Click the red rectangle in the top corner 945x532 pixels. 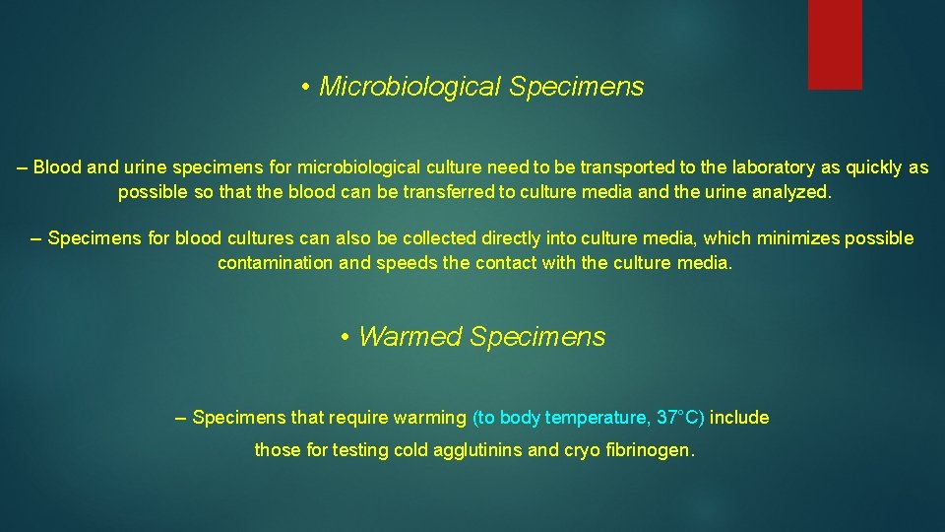pyautogui.click(x=835, y=44)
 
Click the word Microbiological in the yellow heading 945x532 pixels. pyautogui.click(x=410, y=87)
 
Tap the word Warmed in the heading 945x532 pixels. pyautogui.click(x=410, y=337)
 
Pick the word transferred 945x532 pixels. pyautogui.click(x=449, y=192)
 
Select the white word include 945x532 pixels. pyautogui.click(x=739, y=418)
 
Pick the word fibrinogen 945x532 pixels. pyautogui.click(x=651, y=450)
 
